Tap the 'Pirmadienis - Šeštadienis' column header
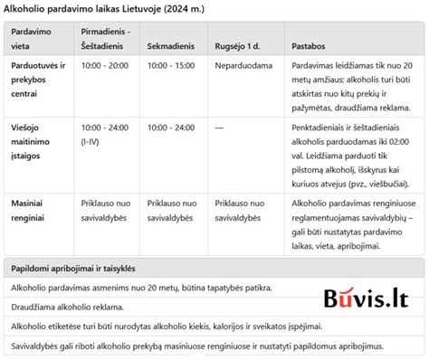click(x=105, y=38)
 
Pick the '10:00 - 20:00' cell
click(x=105, y=67)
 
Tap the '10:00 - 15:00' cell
click(x=171, y=67)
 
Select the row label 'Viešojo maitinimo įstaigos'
click(x=34, y=141)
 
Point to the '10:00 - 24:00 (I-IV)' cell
click(x=105, y=135)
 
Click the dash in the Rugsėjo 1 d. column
click(x=220, y=128)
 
